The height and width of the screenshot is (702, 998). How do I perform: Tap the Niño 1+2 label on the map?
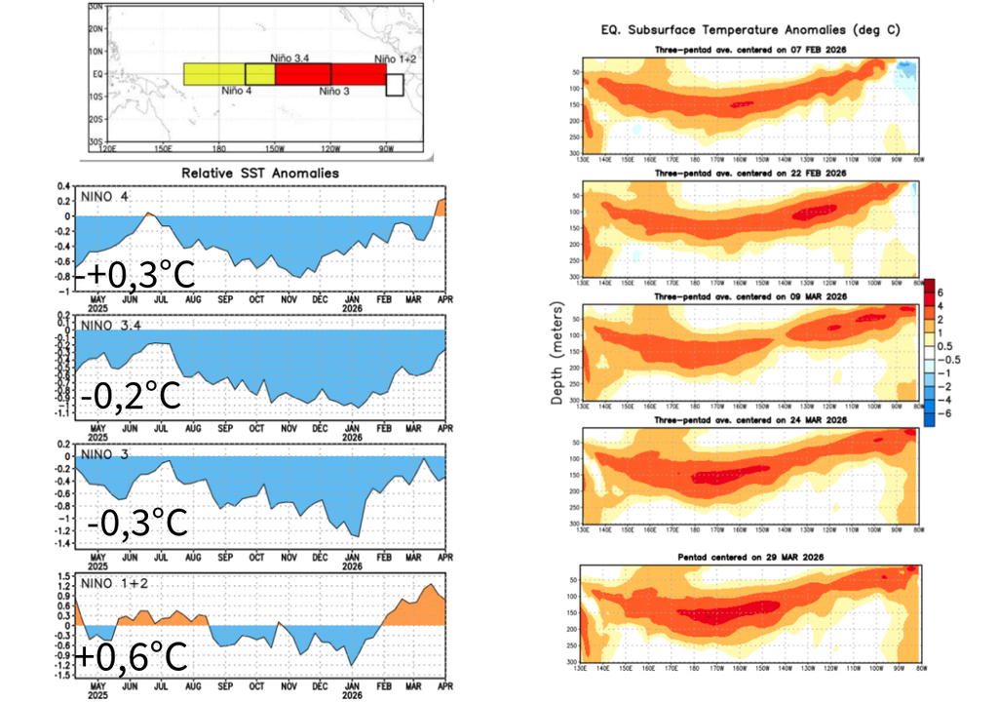point(397,58)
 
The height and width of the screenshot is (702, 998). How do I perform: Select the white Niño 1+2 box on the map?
point(395,84)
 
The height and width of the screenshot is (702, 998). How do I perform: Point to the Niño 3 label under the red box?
point(336,91)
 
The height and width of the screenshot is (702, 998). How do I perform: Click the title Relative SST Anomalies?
point(258,173)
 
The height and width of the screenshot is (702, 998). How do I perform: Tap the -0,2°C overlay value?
point(131,397)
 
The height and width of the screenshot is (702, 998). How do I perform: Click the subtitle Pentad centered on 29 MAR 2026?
point(748,557)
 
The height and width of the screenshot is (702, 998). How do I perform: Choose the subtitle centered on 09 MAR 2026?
point(748,295)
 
